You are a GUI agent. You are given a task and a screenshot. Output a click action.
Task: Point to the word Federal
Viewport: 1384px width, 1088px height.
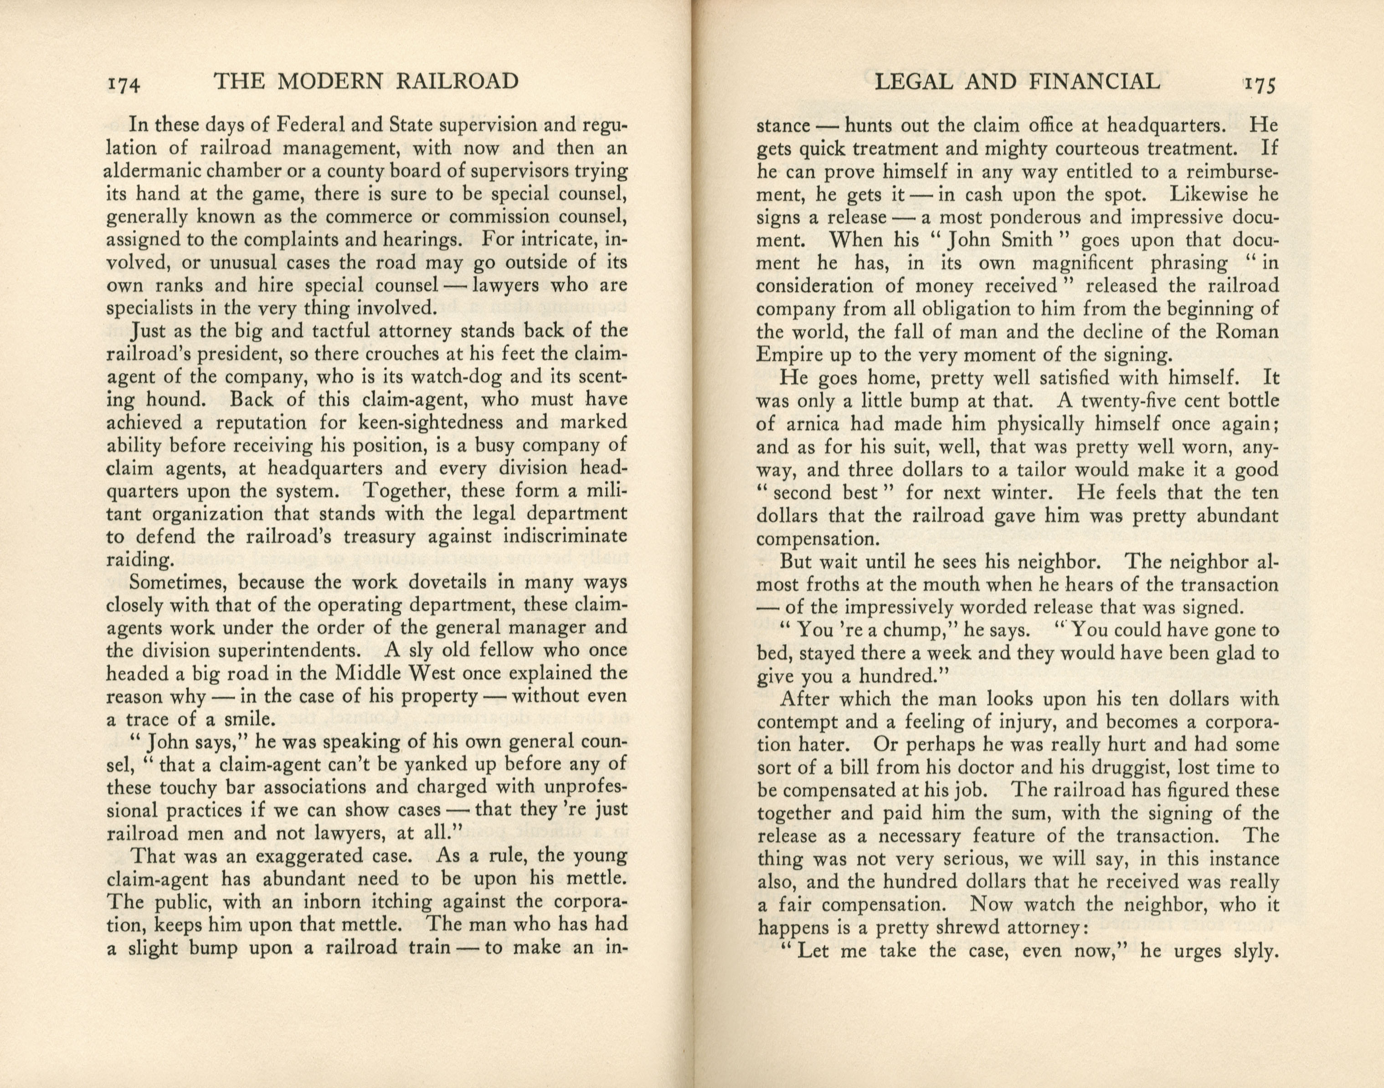click(x=317, y=124)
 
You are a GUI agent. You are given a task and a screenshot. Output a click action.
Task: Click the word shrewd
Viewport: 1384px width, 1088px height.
click(x=940, y=928)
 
